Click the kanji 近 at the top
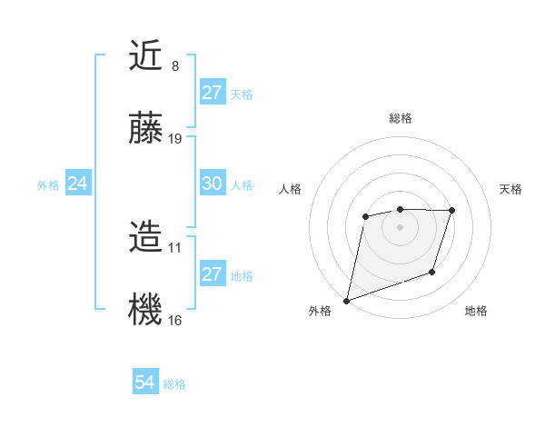pyautogui.click(x=145, y=58)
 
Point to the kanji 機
pyautogui.click(x=145, y=309)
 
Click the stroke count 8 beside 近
pyautogui.click(x=174, y=66)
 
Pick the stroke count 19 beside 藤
pyautogui.click(x=175, y=138)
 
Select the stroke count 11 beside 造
pyautogui.click(x=175, y=247)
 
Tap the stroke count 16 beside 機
pyautogui.click(x=175, y=320)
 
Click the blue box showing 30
pyautogui.click(x=212, y=184)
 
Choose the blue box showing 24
pyautogui.click(x=77, y=184)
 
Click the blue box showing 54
pyautogui.click(x=144, y=383)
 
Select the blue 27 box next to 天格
pyautogui.click(x=212, y=93)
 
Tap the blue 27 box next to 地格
pyautogui.click(x=212, y=274)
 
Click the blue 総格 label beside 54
pyautogui.click(x=174, y=384)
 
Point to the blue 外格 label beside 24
pyautogui.click(x=48, y=184)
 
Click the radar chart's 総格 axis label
pyautogui.click(x=400, y=118)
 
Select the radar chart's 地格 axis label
pyautogui.click(x=476, y=311)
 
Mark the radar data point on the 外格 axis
pyautogui.click(x=347, y=300)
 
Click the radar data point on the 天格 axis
pyautogui.click(x=451, y=211)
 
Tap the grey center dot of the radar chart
pyautogui.click(x=400, y=227)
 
